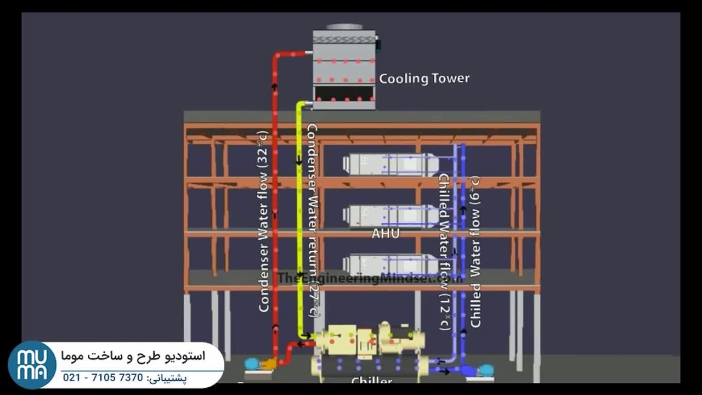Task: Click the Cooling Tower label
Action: pyautogui.click(x=424, y=78)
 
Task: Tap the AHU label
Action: pyautogui.click(x=385, y=234)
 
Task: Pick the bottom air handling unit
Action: pyautogui.click(x=390, y=265)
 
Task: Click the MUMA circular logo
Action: pyautogui.click(x=32, y=365)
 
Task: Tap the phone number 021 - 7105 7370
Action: pyautogui.click(x=103, y=378)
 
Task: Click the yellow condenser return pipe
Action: pyautogui.click(x=299, y=219)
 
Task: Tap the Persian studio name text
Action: pyautogui.click(x=134, y=357)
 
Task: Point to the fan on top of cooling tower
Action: pyautogui.click(x=344, y=27)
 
